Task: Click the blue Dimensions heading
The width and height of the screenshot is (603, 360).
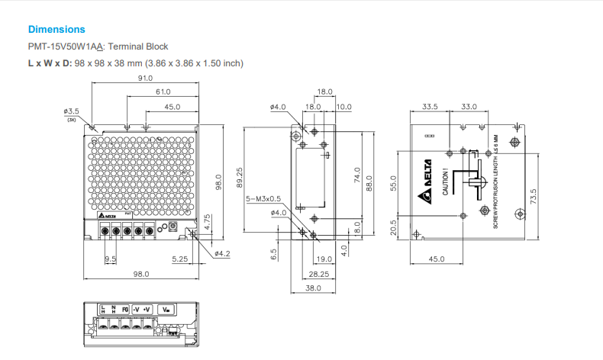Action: (56, 29)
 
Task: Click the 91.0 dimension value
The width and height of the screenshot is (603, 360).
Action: (145, 79)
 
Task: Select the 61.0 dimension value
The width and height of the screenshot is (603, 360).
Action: (163, 92)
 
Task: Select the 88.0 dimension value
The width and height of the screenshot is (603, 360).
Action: (370, 183)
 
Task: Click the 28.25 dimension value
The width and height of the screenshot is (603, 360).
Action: (319, 274)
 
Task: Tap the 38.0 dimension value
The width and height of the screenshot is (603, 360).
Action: (313, 288)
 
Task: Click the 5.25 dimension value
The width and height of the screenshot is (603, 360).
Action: (180, 259)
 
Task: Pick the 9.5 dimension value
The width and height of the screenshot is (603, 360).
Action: (110, 259)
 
